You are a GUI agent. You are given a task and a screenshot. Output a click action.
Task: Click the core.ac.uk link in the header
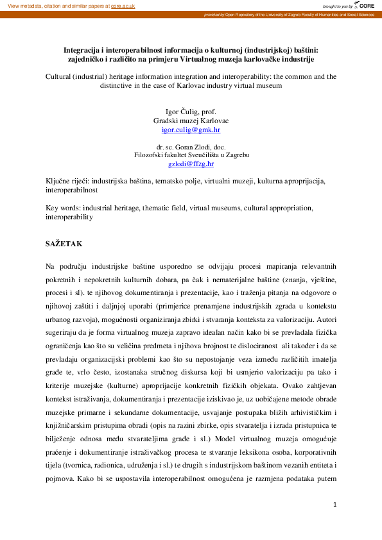click(x=123, y=5)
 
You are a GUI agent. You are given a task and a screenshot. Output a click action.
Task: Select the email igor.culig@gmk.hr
click(x=191, y=129)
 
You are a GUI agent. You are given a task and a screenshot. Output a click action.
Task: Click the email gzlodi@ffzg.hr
click(x=191, y=164)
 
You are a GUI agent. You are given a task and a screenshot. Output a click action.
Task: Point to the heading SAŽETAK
click(x=64, y=244)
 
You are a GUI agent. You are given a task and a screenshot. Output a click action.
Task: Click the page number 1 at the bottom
click(x=335, y=505)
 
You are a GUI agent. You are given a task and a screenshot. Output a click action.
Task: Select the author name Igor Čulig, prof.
click(x=191, y=111)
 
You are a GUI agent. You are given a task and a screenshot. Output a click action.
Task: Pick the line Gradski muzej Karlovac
click(x=191, y=120)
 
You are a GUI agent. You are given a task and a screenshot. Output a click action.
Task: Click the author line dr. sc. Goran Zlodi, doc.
click(x=191, y=147)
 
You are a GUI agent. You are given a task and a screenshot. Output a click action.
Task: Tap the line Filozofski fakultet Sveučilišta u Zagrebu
click(x=191, y=155)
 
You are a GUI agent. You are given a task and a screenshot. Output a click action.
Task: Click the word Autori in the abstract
click(x=326, y=318)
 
